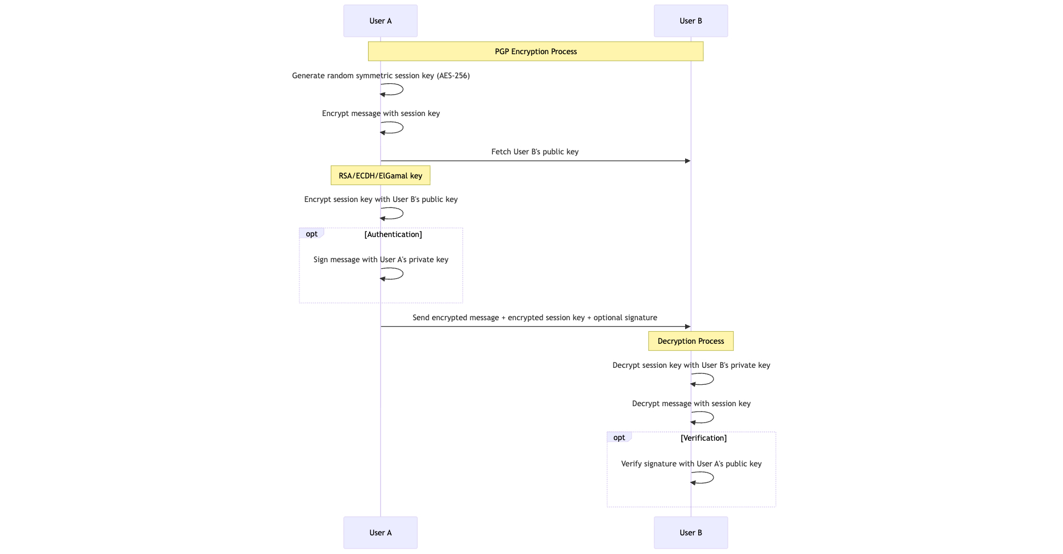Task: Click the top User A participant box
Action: point(380,21)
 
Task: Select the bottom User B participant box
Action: point(690,532)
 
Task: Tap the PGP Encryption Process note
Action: point(535,51)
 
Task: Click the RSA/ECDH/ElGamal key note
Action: point(380,176)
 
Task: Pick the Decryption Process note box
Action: point(690,341)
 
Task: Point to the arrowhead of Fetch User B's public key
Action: point(687,161)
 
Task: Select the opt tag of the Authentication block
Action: point(311,234)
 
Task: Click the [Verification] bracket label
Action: point(703,438)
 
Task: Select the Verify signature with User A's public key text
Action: point(691,464)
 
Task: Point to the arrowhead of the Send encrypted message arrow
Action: point(687,327)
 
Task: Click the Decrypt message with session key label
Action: point(691,403)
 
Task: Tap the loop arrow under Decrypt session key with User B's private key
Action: point(710,379)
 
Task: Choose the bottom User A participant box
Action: point(380,532)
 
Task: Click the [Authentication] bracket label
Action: point(393,234)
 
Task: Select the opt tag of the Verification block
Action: point(619,437)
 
